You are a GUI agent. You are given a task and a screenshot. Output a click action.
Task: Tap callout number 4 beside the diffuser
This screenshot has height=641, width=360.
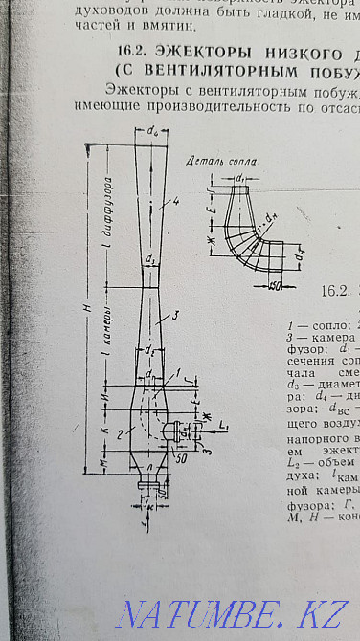click(164, 202)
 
